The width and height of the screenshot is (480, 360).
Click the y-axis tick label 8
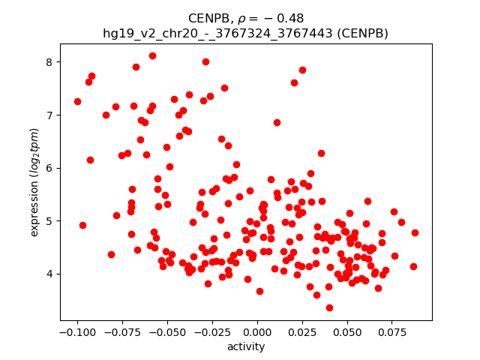(49, 61)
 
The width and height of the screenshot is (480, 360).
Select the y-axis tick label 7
(49, 115)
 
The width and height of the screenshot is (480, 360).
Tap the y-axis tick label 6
(49, 168)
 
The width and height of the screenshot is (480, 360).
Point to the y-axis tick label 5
(49, 221)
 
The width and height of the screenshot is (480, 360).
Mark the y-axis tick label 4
(49, 274)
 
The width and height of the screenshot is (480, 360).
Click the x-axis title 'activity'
(246, 346)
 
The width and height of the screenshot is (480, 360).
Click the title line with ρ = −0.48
(246, 18)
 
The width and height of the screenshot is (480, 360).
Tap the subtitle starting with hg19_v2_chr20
(246, 33)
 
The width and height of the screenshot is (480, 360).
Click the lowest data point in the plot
(329, 307)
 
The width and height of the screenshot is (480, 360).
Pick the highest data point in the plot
(152, 55)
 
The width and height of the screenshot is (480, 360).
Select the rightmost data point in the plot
(415, 232)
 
